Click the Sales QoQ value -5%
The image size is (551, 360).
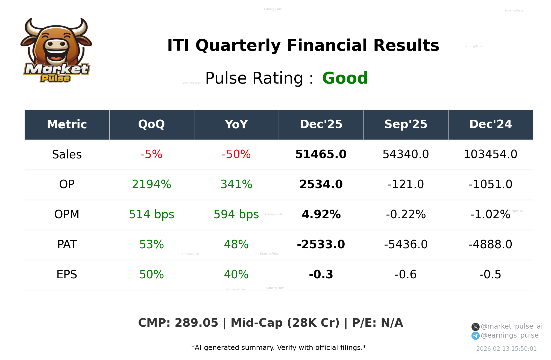[151, 154]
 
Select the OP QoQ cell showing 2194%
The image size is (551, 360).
[151, 184]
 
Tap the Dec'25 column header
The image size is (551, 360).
[321, 124]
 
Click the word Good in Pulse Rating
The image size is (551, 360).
[345, 78]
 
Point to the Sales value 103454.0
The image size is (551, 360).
[490, 154]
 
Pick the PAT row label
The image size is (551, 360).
[67, 244]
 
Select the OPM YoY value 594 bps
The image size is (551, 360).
[236, 214]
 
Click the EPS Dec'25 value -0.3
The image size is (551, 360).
[321, 275]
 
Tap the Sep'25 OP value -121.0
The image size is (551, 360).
[406, 184]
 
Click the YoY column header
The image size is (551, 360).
[236, 124]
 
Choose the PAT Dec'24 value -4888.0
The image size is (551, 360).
[490, 244]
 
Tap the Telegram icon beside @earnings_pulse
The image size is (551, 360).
[475, 336]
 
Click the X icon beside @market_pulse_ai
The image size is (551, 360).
[475, 327]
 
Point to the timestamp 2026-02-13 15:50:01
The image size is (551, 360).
[506, 349]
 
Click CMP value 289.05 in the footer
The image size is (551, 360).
[196, 323]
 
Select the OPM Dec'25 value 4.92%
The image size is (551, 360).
[321, 214]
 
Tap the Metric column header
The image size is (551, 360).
[67, 124]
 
